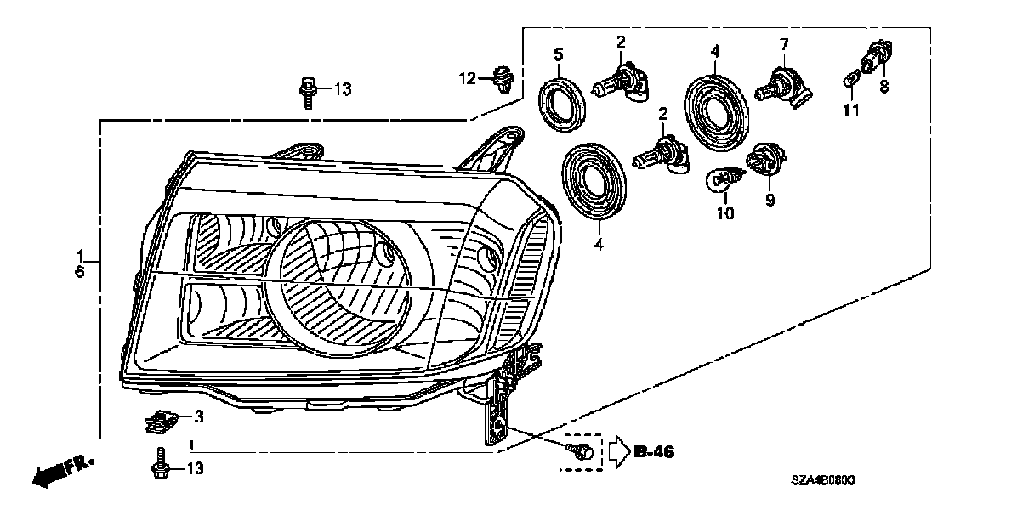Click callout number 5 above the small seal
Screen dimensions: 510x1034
558,55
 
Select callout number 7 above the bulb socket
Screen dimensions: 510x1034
784,43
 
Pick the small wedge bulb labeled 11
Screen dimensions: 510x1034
851,81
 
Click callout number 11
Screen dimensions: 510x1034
851,110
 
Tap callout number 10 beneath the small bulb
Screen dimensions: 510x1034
724,213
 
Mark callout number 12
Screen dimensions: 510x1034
469,79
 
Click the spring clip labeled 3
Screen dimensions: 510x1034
162,418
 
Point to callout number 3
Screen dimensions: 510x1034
198,416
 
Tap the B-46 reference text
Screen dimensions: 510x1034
654,452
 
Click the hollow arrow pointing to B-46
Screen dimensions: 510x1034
617,451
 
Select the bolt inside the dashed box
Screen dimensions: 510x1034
581,451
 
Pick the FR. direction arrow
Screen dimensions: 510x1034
62,469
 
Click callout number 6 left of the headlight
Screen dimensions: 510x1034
80,271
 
